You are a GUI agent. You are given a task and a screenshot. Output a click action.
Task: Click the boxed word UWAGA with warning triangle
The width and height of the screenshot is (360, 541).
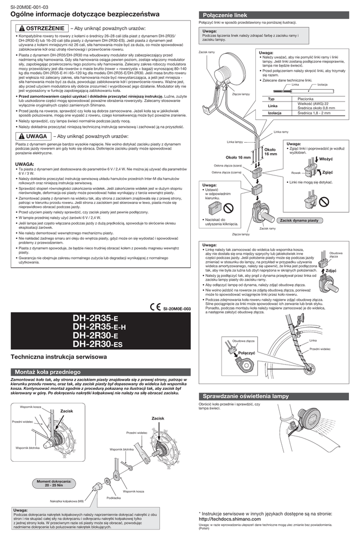(32, 136)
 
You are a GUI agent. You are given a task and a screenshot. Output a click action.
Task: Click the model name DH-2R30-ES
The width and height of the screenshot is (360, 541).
(97, 344)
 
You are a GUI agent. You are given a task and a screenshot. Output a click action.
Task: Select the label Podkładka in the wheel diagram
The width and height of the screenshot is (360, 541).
(114, 498)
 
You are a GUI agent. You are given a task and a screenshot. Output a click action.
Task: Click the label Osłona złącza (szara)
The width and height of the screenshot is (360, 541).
(227, 165)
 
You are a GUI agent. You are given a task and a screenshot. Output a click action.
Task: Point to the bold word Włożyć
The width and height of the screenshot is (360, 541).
(327, 158)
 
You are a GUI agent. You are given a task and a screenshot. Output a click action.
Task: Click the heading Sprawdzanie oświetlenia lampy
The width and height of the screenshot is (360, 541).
(250, 396)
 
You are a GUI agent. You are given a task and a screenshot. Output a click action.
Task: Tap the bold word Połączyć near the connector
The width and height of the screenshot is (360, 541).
(247, 352)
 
